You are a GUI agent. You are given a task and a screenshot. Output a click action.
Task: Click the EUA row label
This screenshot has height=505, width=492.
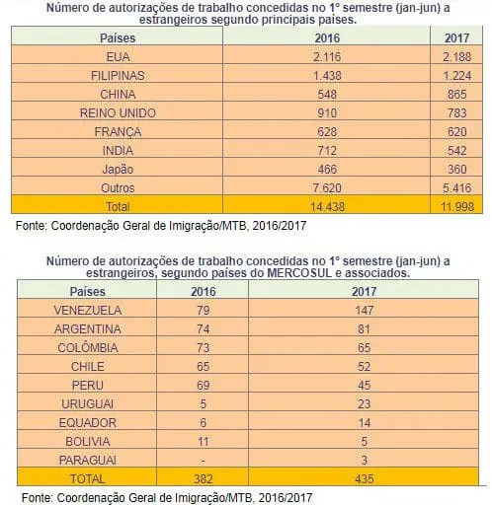point(118,57)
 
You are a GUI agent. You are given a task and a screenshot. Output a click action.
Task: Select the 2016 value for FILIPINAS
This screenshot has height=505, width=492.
point(327,76)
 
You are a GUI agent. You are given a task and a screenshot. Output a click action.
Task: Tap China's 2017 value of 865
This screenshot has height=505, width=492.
point(456,95)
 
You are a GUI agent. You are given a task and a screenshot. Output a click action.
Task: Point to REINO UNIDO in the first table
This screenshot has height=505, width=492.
point(118,113)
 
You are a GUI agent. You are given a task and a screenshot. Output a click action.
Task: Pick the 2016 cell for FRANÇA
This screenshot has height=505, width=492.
point(327,132)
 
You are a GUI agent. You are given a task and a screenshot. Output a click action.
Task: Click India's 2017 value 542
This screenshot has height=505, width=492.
point(456,151)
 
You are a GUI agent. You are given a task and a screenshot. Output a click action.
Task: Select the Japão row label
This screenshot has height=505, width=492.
point(118,170)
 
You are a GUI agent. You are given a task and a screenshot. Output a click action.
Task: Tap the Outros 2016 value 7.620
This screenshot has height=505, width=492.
point(327,188)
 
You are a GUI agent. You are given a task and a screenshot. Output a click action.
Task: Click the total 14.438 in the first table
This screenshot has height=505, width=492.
point(327,207)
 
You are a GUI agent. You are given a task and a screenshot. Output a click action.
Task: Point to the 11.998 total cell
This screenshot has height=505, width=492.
point(457,207)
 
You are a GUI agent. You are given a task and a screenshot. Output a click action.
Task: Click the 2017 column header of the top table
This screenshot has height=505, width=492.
point(456,38)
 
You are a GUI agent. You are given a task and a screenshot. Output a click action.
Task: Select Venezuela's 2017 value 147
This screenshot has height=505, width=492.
point(364,311)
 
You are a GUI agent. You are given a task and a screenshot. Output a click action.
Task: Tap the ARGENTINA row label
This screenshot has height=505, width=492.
point(88,329)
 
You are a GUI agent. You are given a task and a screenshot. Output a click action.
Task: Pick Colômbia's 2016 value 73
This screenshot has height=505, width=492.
point(203,348)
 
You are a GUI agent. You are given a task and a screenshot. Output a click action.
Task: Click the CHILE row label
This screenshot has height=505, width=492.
point(88,367)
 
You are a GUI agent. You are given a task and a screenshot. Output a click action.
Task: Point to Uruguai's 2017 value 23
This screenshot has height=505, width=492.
point(364,404)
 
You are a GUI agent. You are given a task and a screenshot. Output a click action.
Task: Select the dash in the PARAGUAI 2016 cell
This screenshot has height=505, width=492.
point(203,461)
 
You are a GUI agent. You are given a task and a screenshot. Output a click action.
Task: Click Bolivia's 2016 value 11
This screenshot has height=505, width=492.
point(203,442)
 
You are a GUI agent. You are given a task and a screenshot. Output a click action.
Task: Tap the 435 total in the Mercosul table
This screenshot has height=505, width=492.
point(364,479)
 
